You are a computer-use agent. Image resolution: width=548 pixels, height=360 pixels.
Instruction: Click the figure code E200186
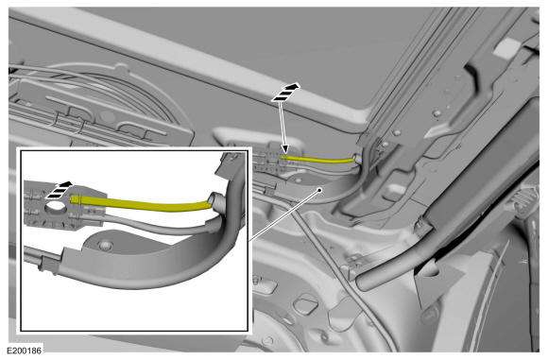[x=25, y=351]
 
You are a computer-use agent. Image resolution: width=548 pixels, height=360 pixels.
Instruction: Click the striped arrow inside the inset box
[x=60, y=190]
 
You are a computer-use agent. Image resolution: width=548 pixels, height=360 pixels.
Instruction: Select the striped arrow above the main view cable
[x=286, y=93]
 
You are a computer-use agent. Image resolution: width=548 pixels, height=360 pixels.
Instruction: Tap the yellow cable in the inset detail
[x=140, y=204]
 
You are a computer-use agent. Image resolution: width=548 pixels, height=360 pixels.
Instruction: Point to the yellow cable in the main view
[x=318, y=160]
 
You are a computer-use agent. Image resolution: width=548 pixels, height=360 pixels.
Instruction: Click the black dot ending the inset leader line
[x=319, y=190]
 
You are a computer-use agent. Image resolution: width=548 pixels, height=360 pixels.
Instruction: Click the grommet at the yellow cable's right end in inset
[x=216, y=201]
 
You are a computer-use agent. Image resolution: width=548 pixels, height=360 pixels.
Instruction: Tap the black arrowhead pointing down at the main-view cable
[x=285, y=149]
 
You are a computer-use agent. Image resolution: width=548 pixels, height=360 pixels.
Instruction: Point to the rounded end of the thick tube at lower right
[x=361, y=281]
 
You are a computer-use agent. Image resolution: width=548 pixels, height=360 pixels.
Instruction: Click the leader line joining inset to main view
[x=283, y=215]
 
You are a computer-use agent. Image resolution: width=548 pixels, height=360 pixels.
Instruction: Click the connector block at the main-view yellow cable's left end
[x=271, y=161]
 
